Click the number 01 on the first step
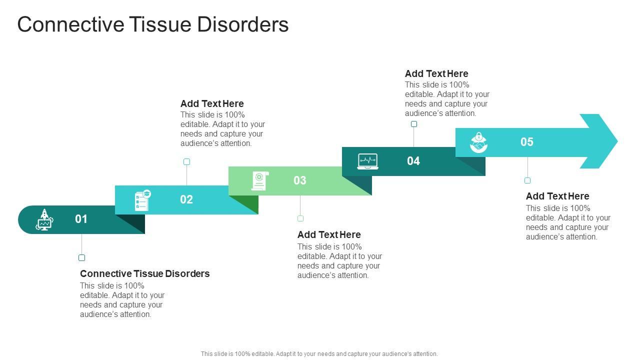pyautogui.click(x=81, y=219)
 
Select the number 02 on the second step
pyautogui.click(x=186, y=199)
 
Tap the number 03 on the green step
pyautogui.click(x=299, y=180)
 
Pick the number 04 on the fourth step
pyautogui.click(x=413, y=161)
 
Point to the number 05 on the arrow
pyautogui.click(x=526, y=142)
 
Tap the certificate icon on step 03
pyautogui.click(x=259, y=180)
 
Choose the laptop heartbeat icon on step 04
pyautogui.click(x=367, y=161)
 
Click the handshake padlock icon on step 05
pyautogui.click(x=478, y=142)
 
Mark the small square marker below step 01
pyautogui.click(x=81, y=258)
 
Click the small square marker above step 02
pyautogui.click(x=186, y=161)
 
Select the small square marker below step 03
pyautogui.click(x=300, y=218)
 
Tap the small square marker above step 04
pyautogui.click(x=413, y=124)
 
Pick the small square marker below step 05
pyautogui.click(x=527, y=180)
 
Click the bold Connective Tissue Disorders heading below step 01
pyautogui.click(x=144, y=273)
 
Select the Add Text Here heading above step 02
pyautogui.click(x=212, y=103)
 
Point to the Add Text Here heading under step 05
pyautogui.click(x=557, y=196)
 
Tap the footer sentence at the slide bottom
pyautogui.click(x=319, y=353)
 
